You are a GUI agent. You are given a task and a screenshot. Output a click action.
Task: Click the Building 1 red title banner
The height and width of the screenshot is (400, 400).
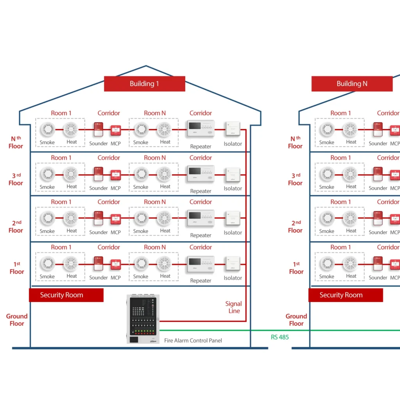pos(144,84)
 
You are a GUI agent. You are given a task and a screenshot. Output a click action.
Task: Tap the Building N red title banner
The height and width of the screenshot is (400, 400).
pos(352,84)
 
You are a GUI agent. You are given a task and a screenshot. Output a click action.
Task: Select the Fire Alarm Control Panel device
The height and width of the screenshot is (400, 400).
pos(143,319)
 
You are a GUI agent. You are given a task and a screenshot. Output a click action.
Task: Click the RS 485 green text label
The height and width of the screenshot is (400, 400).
pos(280,337)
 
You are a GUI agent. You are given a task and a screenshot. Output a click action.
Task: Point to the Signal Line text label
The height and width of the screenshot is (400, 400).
pos(234,307)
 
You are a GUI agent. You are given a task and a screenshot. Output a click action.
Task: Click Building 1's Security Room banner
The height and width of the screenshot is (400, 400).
pos(66,295)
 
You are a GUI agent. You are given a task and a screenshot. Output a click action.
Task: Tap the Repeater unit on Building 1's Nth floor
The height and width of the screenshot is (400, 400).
pos(201,129)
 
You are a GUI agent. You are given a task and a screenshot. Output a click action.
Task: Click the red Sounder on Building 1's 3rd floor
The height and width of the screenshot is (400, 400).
pos(98,174)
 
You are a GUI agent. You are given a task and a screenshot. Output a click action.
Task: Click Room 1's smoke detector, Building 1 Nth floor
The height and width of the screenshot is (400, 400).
pos(48,129)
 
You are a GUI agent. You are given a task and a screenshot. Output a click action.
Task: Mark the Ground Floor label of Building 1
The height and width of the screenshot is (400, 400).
pos(17,320)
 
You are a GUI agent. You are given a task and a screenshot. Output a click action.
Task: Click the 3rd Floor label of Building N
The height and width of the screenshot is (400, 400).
pos(295,179)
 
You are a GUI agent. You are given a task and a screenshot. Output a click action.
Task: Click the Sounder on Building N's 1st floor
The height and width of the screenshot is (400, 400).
pos(378,263)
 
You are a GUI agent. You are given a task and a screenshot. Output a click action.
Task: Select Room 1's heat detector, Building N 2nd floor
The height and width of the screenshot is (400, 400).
pos(350,218)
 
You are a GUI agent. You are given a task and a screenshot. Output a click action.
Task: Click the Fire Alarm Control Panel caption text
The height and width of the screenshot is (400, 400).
pos(193,341)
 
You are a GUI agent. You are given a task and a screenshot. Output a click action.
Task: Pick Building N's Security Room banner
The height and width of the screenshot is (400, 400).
pos(345,295)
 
